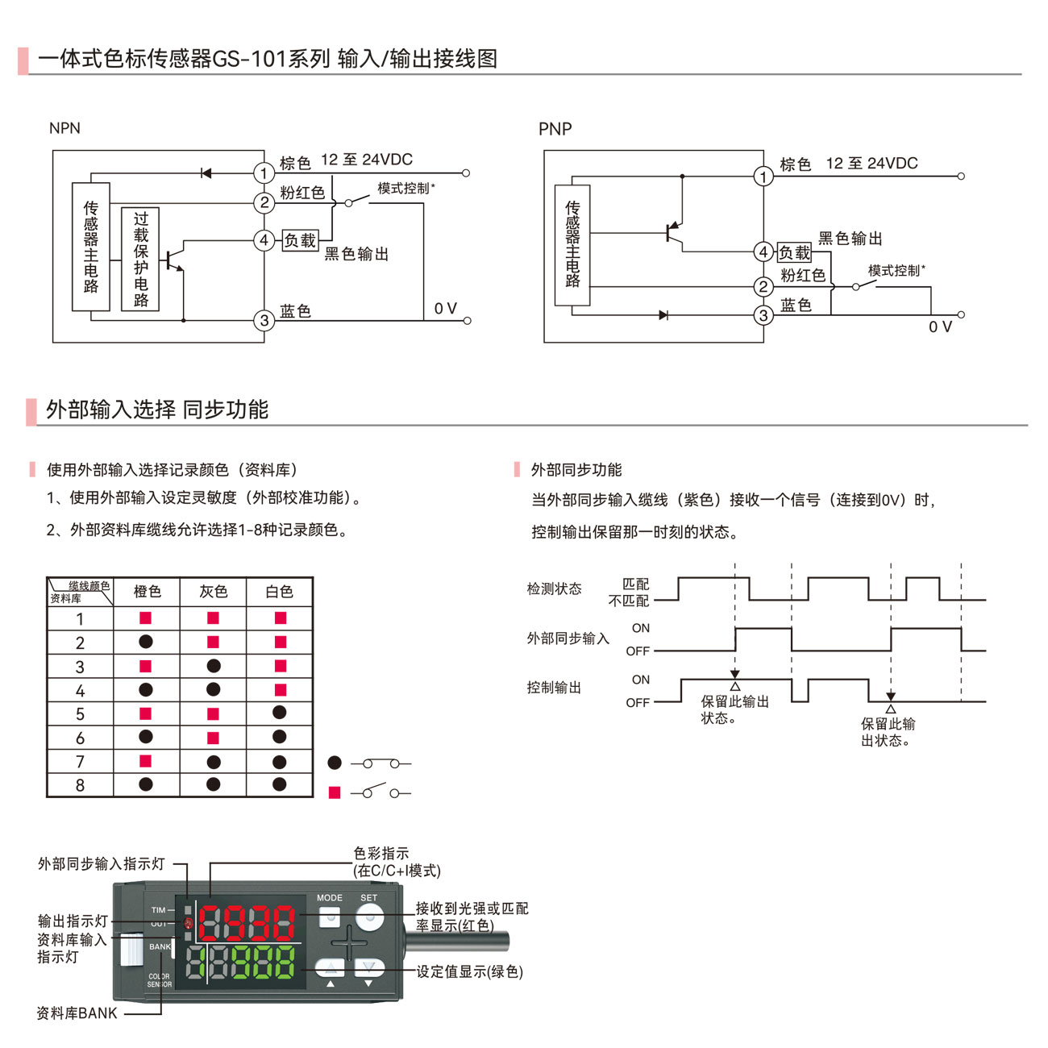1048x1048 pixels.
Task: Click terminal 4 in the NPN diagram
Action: (264, 239)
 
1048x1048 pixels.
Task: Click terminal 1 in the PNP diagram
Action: (763, 177)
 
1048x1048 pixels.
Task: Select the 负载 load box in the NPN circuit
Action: (300, 240)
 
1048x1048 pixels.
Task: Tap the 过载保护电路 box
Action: (140, 259)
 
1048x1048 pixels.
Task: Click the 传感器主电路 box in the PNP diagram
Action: (572, 245)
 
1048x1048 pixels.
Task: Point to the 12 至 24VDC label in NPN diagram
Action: (366, 160)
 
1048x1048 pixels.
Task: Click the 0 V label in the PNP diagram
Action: (940, 326)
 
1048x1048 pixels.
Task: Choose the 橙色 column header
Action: (147, 592)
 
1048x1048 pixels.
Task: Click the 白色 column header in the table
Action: (279, 592)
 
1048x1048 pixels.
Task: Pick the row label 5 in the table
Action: (80, 714)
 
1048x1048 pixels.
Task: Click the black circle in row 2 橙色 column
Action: (146, 642)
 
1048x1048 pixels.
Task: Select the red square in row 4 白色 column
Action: (280, 690)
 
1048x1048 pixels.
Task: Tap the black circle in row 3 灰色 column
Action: (213, 666)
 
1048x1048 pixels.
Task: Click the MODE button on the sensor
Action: (330, 916)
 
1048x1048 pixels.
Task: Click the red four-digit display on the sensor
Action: (247, 923)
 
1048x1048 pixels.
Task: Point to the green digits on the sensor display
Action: (263, 962)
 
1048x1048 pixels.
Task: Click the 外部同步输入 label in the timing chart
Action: (568, 638)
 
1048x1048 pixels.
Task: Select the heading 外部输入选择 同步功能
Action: (157, 410)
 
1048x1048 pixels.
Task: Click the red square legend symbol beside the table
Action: (335, 793)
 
